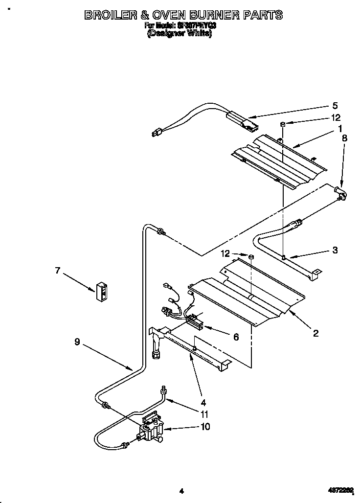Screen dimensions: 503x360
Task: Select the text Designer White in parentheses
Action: tap(180, 34)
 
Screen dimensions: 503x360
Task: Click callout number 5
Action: tap(335, 105)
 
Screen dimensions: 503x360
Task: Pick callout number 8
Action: tap(344, 138)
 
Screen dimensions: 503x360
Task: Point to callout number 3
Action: tap(335, 250)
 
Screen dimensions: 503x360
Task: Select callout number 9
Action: tap(77, 343)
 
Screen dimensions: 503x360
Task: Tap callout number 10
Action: tap(205, 427)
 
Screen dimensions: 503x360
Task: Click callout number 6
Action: tap(236, 337)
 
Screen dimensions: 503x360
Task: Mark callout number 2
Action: tap(315, 333)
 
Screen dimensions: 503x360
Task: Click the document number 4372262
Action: tap(340, 491)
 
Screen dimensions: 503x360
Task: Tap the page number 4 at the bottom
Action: tap(181, 491)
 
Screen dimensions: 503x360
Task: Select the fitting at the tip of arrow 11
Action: tap(164, 389)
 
